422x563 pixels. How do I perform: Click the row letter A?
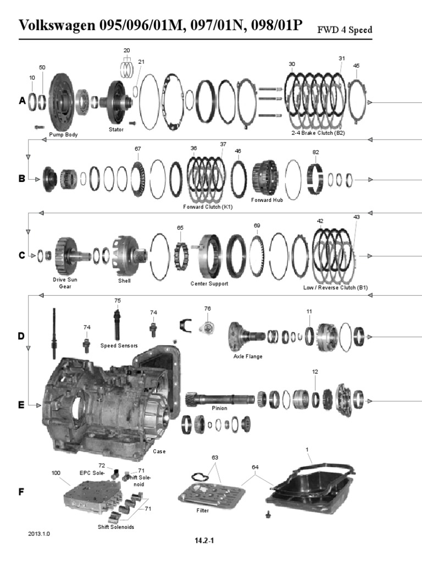click(x=22, y=101)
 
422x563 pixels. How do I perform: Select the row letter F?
click(x=21, y=492)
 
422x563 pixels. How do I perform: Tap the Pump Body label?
click(x=63, y=135)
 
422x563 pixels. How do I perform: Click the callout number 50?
click(x=42, y=68)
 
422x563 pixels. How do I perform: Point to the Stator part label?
click(x=116, y=130)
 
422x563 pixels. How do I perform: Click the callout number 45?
click(x=356, y=66)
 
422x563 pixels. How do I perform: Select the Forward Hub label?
click(x=267, y=200)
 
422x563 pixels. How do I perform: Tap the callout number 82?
click(x=315, y=152)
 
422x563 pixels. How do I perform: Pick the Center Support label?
click(x=209, y=284)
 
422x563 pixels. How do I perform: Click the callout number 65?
click(x=180, y=228)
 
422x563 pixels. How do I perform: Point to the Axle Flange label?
click(x=248, y=356)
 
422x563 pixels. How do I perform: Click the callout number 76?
click(x=207, y=308)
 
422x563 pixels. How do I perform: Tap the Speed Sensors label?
click(x=119, y=346)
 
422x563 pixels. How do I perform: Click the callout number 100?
click(x=56, y=473)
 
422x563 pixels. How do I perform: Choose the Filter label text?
click(x=202, y=510)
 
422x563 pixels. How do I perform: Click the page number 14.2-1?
click(x=204, y=540)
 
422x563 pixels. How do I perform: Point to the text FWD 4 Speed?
click(x=345, y=30)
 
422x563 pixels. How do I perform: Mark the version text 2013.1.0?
click(x=39, y=533)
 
